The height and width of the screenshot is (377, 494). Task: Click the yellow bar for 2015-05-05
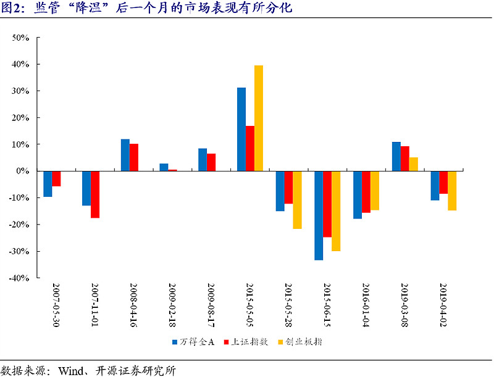point(259,118)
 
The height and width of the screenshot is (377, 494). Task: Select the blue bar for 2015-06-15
point(319,215)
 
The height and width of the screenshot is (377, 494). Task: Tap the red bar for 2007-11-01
point(95,194)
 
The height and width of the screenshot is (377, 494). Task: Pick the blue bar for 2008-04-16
point(125,155)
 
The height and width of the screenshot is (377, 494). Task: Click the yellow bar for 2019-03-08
point(414,164)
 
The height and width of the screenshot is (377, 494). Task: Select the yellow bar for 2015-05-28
point(297,200)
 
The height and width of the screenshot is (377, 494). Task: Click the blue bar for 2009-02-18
point(164,167)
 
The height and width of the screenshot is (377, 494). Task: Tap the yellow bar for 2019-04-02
point(452,191)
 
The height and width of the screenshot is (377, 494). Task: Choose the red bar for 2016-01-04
point(366,192)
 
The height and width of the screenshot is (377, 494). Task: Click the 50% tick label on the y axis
point(21,38)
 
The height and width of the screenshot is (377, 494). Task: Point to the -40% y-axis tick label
point(19,278)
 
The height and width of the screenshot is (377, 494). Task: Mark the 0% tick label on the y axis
point(23,171)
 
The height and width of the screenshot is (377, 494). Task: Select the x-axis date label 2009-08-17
point(211,305)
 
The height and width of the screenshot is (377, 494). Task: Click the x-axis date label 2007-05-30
point(56,305)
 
